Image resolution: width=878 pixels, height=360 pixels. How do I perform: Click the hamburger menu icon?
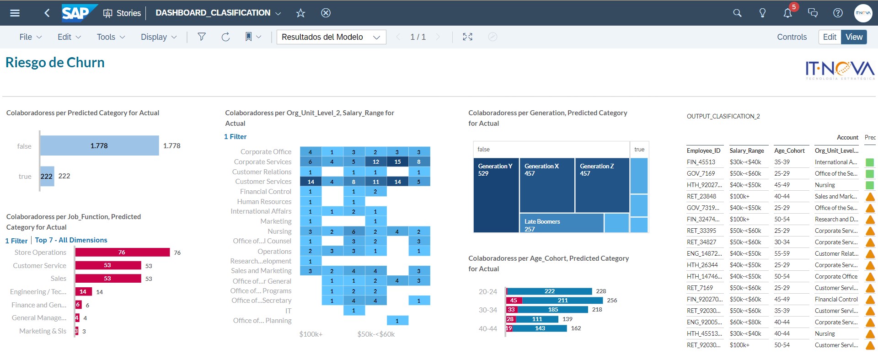point(15,13)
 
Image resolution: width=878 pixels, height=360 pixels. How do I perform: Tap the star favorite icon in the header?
point(300,13)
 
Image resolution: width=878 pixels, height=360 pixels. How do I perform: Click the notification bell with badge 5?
point(787,13)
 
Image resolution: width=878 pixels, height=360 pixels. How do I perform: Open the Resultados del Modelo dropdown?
point(331,37)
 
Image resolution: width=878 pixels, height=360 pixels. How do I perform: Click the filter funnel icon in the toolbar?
point(201,37)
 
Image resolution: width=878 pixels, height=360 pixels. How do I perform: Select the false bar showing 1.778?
point(99,145)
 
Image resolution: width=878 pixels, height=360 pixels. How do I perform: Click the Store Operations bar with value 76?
point(122,252)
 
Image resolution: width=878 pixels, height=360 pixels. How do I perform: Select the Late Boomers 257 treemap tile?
point(561,223)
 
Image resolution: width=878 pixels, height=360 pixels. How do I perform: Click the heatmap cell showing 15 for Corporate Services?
point(397,161)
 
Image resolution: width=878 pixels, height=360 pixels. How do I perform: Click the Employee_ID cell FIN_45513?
point(701,162)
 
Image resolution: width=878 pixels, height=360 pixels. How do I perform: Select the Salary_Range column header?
point(747,150)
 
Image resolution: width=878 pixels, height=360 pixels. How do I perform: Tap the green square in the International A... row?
point(870,162)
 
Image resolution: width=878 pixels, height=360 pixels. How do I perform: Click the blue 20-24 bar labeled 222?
point(549,291)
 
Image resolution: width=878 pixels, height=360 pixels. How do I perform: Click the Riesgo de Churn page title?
point(55,62)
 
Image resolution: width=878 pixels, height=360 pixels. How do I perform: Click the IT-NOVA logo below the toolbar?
point(840,70)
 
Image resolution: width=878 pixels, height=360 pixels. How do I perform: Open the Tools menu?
point(111,37)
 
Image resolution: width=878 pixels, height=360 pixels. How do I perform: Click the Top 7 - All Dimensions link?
point(71,240)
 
